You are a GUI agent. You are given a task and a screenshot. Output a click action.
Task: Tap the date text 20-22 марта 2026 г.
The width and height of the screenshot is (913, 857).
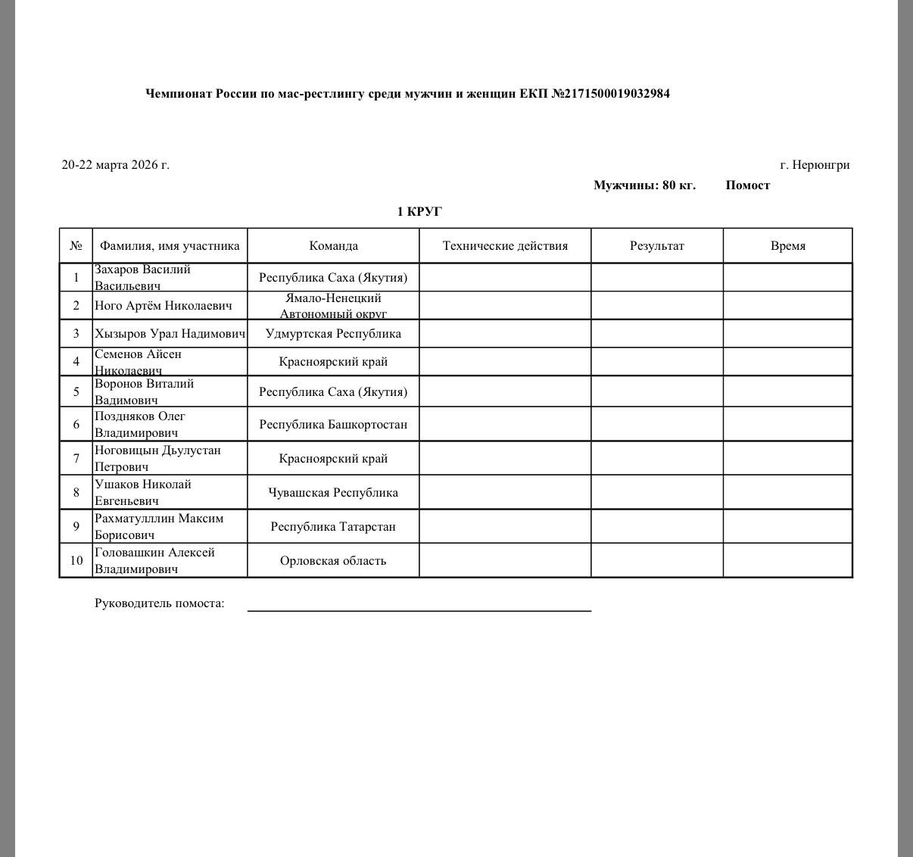tap(115, 164)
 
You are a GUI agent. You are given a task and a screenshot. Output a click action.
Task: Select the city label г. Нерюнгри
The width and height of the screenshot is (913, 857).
tap(815, 165)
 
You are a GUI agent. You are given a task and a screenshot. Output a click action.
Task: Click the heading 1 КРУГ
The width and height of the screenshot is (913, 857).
tap(419, 211)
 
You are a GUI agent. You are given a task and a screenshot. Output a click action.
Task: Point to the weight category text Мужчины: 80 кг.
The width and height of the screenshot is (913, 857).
tap(644, 185)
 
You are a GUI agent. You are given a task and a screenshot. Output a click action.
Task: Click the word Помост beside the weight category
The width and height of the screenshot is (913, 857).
tap(747, 185)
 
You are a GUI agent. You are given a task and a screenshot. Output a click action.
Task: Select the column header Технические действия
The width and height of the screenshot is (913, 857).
tap(505, 245)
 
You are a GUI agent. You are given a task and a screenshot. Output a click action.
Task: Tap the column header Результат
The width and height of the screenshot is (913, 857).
tap(656, 245)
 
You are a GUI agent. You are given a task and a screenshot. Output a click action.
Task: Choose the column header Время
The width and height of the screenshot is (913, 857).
tap(787, 245)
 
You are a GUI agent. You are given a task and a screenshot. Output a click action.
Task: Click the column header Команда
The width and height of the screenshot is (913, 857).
tap(333, 245)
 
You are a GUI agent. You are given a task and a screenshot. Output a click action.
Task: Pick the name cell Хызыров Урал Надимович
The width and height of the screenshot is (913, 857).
tap(170, 333)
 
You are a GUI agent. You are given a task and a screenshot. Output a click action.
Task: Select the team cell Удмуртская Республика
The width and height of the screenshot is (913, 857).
tap(333, 333)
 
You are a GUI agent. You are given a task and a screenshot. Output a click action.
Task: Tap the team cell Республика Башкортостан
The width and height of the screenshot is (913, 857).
tap(333, 424)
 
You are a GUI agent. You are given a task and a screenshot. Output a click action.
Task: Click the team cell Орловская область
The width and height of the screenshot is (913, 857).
tap(333, 560)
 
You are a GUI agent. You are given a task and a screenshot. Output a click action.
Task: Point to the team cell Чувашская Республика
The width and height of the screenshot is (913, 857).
tap(333, 492)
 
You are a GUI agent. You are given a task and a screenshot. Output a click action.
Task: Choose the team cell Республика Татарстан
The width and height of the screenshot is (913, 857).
tap(333, 526)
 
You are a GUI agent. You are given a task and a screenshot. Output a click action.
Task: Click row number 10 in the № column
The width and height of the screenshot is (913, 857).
tap(76, 560)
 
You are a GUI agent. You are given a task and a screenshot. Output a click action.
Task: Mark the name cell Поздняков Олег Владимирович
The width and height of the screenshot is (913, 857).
tap(140, 424)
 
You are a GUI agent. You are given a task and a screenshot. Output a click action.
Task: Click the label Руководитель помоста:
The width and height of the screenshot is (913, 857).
tap(159, 603)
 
